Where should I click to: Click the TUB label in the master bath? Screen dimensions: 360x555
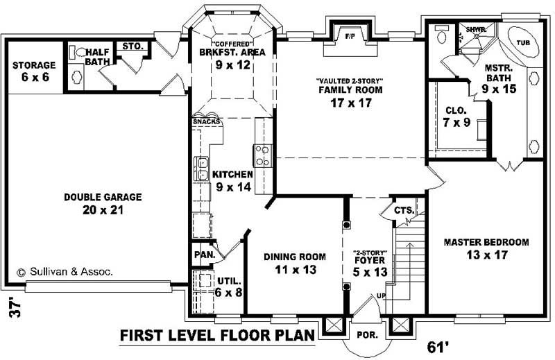(524, 42)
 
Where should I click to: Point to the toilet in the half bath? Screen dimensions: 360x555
(78, 53)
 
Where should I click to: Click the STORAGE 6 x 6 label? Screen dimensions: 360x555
(34, 71)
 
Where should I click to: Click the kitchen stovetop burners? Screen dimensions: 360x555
(263, 155)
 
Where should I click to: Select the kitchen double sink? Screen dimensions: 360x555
(203, 167)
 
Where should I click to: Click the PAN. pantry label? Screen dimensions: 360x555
(204, 255)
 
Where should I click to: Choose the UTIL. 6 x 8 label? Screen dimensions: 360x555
(228, 286)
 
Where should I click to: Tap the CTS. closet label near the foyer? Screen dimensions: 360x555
(404, 210)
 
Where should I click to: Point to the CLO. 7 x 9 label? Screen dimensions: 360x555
(456, 116)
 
